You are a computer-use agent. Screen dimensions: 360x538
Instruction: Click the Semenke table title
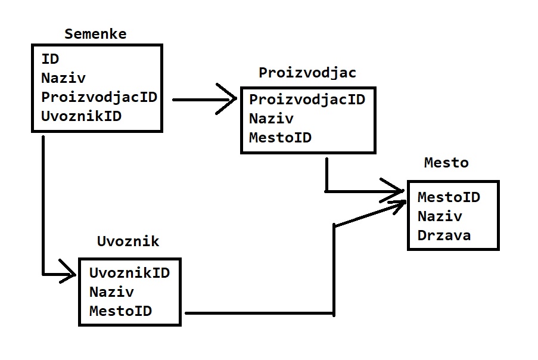tap(95, 34)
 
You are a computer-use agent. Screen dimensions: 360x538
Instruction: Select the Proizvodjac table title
tap(307, 73)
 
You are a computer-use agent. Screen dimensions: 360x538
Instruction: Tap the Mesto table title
tap(446, 163)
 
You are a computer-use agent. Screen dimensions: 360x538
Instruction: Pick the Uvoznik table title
tap(128, 241)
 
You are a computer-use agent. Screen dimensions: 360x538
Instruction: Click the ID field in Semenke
tap(50, 58)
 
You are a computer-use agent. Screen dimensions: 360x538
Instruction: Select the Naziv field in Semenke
tap(63, 77)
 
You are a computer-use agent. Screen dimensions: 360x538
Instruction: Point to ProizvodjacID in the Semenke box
tap(99, 97)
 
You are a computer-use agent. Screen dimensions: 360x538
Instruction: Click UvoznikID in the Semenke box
tap(81, 116)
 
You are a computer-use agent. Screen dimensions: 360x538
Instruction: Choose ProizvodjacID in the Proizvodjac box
tap(307, 99)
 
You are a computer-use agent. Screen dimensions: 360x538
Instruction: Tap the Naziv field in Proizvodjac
tap(271, 118)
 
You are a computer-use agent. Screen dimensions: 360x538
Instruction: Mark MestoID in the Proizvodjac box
tap(280, 138)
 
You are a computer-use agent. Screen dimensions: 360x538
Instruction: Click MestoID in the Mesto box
tap(449, 197)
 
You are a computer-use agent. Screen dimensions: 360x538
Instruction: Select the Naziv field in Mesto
tap(440, 216)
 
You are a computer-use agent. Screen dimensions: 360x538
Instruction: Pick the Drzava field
tap(444, 235)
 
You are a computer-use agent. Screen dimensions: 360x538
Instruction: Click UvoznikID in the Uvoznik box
tap(129, 273)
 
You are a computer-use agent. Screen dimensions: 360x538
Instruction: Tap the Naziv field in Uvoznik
tap(111, 292)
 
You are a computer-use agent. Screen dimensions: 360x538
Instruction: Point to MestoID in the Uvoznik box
tap(120, 311)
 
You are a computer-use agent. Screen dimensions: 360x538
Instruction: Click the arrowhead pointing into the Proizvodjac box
tap(229, 100)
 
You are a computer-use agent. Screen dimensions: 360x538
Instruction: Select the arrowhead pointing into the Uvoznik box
tap(69, 274)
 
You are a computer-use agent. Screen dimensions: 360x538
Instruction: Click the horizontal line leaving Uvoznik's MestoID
tap(256, 312)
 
